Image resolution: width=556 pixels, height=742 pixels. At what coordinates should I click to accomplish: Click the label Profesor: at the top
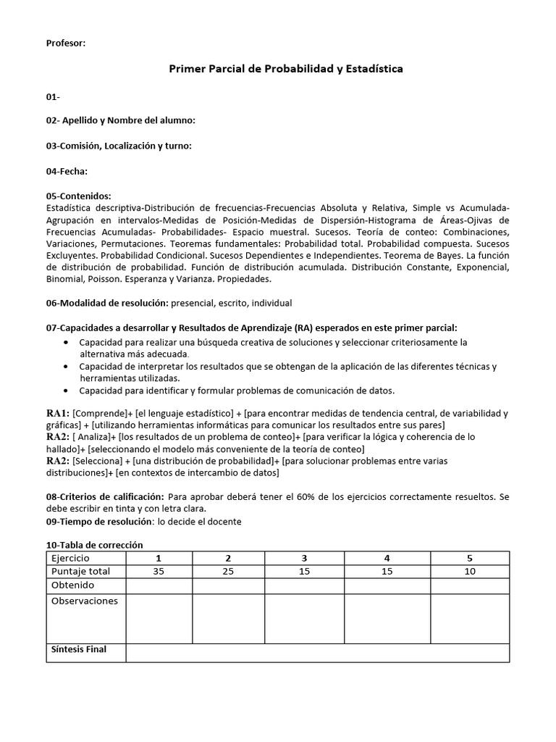[66, 43]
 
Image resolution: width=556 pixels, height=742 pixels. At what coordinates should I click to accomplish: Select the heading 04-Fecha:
[67, 171]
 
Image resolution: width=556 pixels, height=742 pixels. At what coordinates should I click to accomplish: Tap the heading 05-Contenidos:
[78, 196]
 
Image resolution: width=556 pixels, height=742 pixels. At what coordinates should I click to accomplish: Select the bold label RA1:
[58, 413]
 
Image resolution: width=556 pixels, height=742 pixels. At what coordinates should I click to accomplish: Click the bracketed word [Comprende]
[99, 413]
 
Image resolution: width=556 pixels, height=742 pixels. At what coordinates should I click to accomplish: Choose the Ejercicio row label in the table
[70, 559]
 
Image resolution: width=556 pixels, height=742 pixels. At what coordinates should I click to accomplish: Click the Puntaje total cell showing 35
[159, 572]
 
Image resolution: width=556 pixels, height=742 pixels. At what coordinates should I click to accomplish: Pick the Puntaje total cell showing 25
[228, 572]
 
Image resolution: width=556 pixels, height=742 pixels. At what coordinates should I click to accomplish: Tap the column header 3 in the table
[304, 559]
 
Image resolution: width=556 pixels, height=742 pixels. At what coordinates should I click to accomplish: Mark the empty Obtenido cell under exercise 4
[387, 585]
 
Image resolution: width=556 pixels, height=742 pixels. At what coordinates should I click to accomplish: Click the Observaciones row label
[84, 601]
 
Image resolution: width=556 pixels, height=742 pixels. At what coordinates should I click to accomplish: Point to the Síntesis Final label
[79, 649]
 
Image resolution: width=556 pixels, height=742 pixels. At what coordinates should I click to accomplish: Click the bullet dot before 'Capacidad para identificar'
[67, 391]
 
